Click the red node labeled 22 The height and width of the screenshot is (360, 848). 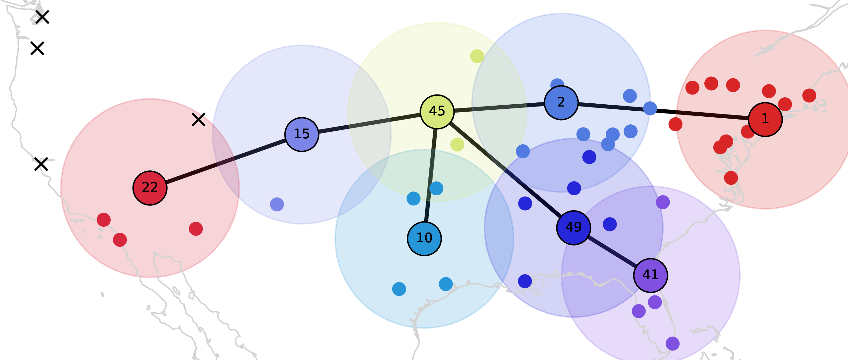click(x=150, y=188)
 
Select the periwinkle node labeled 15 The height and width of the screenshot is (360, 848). click(x=302, y=135)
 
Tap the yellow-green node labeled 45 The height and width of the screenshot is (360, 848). click(x=437, y=112)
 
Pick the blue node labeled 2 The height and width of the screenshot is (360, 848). click(x=561, y=103)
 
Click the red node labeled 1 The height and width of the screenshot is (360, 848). click(x=765, y=119)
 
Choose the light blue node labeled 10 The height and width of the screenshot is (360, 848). click(x=424, y=239)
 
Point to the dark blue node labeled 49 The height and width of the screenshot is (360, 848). click(x=573, y=228)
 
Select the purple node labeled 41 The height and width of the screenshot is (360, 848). click(x=651, y=275)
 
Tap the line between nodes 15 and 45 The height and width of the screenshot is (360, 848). click(x=369, y=123)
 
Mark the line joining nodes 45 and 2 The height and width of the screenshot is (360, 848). click(x=499, y=107)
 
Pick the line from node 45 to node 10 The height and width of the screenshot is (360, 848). click(x=431, y=175)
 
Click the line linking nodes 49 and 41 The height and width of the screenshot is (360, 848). click(x=612, y=251)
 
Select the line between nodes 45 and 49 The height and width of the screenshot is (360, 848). click(x=505, y=170)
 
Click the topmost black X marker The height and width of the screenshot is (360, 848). click(x=42, y=17)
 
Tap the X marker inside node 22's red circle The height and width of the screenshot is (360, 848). click(x=199, y=120)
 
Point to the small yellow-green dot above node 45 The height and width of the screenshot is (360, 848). click(x=477, y=56)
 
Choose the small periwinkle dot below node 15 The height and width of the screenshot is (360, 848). click(x=277, y=204)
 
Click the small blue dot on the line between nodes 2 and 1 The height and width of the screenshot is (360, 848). click(x=650, y=108)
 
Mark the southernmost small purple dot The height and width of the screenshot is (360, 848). click(x=673, y=343)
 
